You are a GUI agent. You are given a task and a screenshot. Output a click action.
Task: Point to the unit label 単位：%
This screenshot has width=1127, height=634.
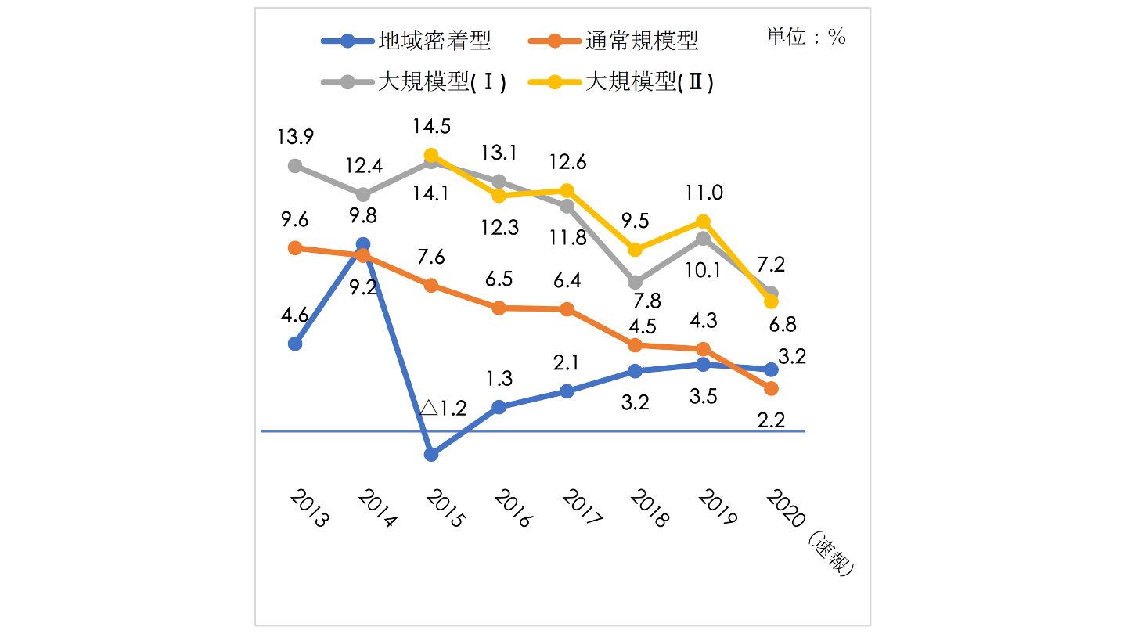tap(806, 37)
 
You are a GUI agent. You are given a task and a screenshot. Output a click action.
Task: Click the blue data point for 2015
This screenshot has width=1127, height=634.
tap(431, 454)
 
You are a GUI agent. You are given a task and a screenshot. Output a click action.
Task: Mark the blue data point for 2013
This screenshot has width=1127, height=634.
tap(295, 344)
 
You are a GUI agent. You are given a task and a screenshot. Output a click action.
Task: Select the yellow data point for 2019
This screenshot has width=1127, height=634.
tap(703, 222)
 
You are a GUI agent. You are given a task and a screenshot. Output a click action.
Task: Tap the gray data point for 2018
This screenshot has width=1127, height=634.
tap(635, 282)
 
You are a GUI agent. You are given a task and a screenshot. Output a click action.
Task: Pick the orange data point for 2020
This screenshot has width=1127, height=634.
tap(771, 388)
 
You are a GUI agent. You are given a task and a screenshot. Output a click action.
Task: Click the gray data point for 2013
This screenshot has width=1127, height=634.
tap(295, 166)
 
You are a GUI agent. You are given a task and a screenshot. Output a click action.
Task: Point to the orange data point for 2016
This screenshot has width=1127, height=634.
tap(499, 308)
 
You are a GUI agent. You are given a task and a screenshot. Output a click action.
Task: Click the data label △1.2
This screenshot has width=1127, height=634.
tap(443, 408)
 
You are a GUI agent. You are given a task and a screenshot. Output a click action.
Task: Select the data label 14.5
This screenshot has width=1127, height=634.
tap(430, 127)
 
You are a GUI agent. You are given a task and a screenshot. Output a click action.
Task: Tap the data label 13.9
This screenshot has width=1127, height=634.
tap(295, 137)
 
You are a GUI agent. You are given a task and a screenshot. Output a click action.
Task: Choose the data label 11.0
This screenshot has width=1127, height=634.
tap(704, 193)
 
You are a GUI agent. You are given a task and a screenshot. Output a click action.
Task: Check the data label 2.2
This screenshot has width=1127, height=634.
tap(771, 419)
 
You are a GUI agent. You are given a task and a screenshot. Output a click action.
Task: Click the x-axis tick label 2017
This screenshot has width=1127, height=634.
tap(581, 509)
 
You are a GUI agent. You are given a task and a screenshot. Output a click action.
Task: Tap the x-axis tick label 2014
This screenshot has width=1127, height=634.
tap(376, 509)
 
